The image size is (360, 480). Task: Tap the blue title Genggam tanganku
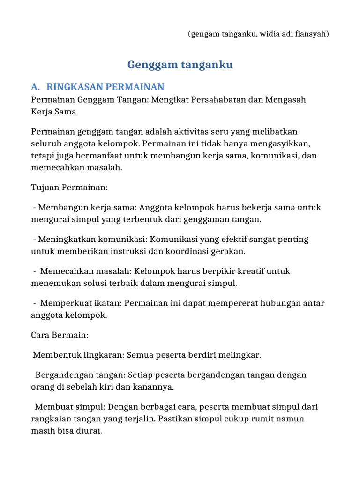[x=180, y=65]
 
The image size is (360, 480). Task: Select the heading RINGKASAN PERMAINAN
[x=105, y=87]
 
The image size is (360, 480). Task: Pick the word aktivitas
[x=177, y=131]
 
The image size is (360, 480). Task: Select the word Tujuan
[x=44, y=187]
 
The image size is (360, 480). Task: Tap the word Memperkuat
[x=63, y=303]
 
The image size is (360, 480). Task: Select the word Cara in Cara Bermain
[x=40, y=335]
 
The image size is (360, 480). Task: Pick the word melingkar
[x=241, y=355]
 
